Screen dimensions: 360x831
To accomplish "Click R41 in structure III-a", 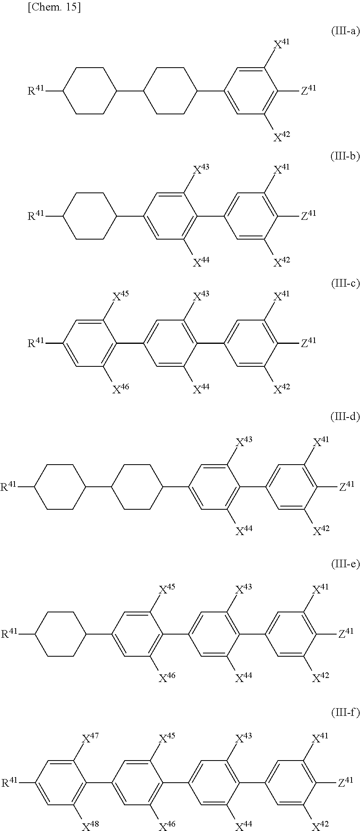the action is click(x=35, y=90).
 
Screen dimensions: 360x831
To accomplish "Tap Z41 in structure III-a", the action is click(x=308, y=90).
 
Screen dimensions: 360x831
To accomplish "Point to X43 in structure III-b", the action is click(x=201, y=170).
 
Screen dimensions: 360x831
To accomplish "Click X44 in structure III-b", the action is click(x=201, y=262).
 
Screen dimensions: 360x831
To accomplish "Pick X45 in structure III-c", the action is click(x=120, y=297).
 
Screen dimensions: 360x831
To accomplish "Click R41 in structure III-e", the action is click(x=8, y=634).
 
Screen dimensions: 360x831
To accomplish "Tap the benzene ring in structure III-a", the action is click(x=250, y=91).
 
